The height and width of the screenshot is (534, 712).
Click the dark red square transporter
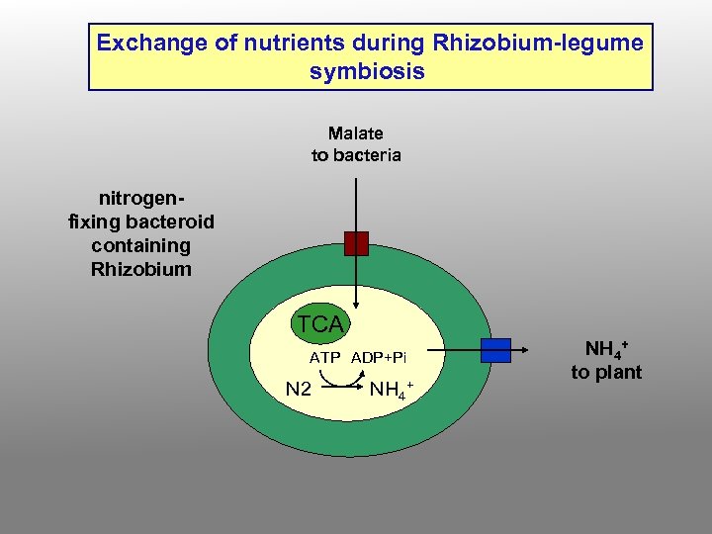(x=356, y=243)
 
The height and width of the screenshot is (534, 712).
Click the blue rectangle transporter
(x=495, y=350)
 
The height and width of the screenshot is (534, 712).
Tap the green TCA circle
(x=319, y=323)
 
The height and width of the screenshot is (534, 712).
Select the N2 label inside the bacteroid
(x=299, y=389)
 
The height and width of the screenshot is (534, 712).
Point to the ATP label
(x=325, y=357)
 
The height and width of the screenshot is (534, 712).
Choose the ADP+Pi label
(x=379, y=357)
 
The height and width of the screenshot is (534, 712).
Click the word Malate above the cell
(x=356, y=133)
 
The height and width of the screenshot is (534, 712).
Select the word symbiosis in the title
(x=367, y=71)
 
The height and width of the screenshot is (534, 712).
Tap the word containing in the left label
(x=140, y=245)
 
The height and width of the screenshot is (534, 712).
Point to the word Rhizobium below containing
(x=140, y=269)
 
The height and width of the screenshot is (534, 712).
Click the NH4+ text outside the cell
(x=606, y=349)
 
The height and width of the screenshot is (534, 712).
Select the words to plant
(x=606, y=373)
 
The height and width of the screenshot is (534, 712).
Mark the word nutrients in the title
(x=274, y=44)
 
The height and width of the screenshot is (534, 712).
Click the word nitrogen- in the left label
(x=141, y=198)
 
